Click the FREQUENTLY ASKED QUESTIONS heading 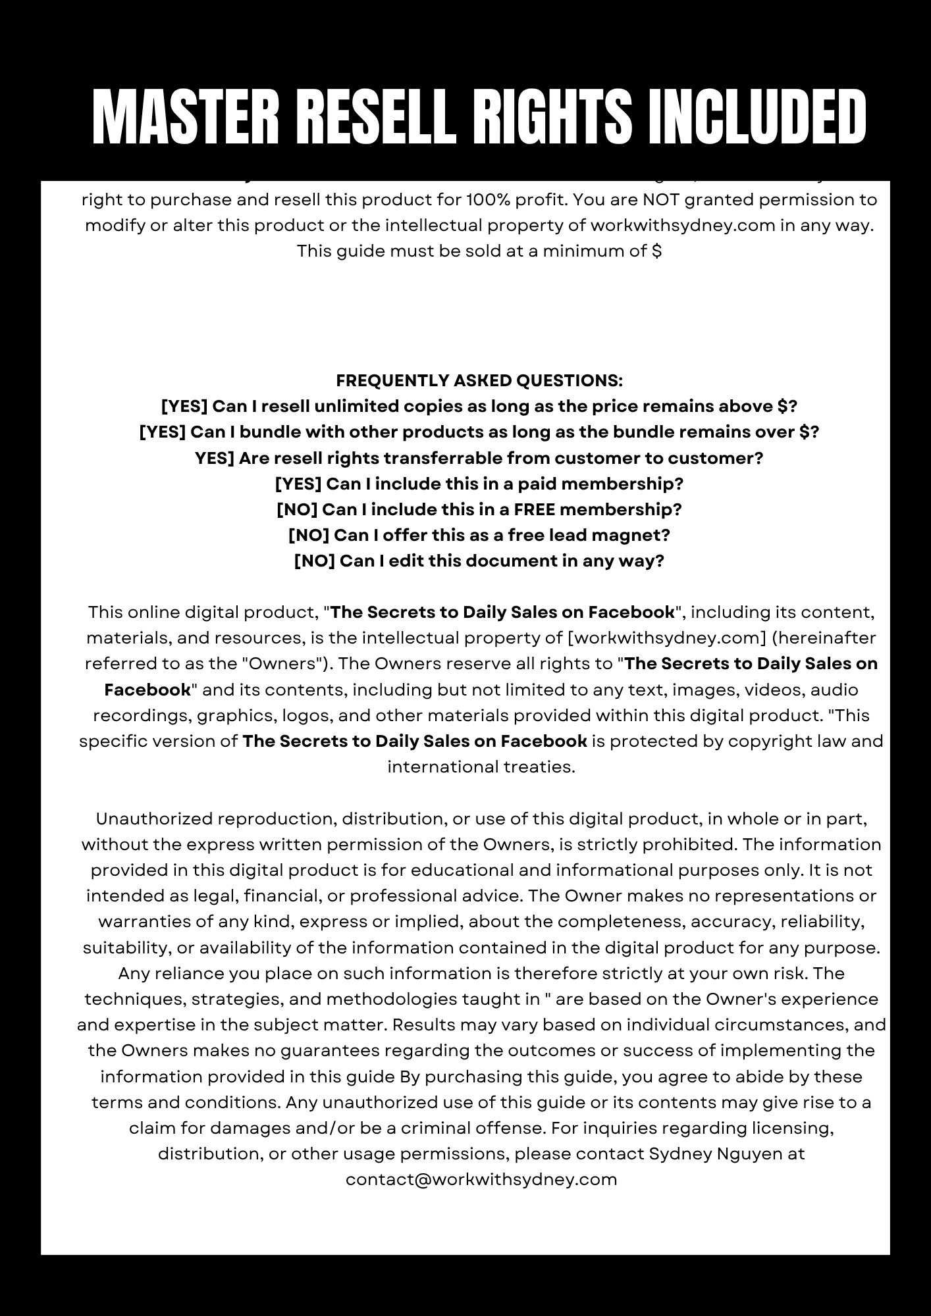pos(479,380)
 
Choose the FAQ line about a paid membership pos(479,484)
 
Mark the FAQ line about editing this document pos(479,561)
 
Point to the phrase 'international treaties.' pos(481,767)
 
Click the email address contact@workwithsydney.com pos(481,1179)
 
